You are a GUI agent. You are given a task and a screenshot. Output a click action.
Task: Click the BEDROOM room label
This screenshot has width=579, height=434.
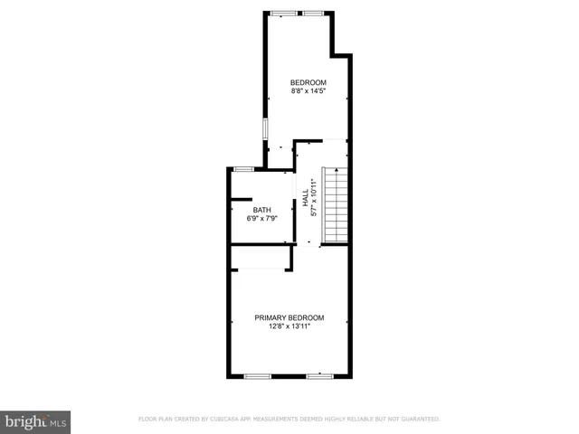click(x=308, y=82)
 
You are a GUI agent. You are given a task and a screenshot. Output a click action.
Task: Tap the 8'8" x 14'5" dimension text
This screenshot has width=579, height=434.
click(x=308, y=90)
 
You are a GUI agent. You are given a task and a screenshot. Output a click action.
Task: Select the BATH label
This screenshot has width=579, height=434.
click(x=261, y=210)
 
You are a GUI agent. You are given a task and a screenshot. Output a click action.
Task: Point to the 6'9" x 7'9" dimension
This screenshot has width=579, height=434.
click(x=261, y=218)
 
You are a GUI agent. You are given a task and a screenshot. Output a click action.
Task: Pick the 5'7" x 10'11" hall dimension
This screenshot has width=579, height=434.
click(x=314, y=196)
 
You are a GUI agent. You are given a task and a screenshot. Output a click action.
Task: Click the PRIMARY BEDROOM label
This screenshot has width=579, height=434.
click(x=289, y=317)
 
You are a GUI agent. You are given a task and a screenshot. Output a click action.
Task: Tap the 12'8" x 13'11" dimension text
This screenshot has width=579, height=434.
click(x=289, y=326)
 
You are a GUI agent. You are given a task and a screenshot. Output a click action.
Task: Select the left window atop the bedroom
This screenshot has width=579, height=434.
click(x=283, y=13)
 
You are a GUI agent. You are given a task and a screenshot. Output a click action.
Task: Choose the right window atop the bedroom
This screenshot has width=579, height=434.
click(x=314, y=13)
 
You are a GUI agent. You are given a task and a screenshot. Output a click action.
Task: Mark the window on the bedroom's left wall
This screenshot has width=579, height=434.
click(x=265, y=128)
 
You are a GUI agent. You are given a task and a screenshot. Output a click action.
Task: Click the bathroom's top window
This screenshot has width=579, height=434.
click(x=243, y=169)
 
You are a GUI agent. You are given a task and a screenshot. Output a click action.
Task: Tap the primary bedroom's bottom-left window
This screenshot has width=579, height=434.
click(x=258, y=375)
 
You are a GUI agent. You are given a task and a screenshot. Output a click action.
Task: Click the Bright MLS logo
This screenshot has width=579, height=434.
click(x=36, y=422)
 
